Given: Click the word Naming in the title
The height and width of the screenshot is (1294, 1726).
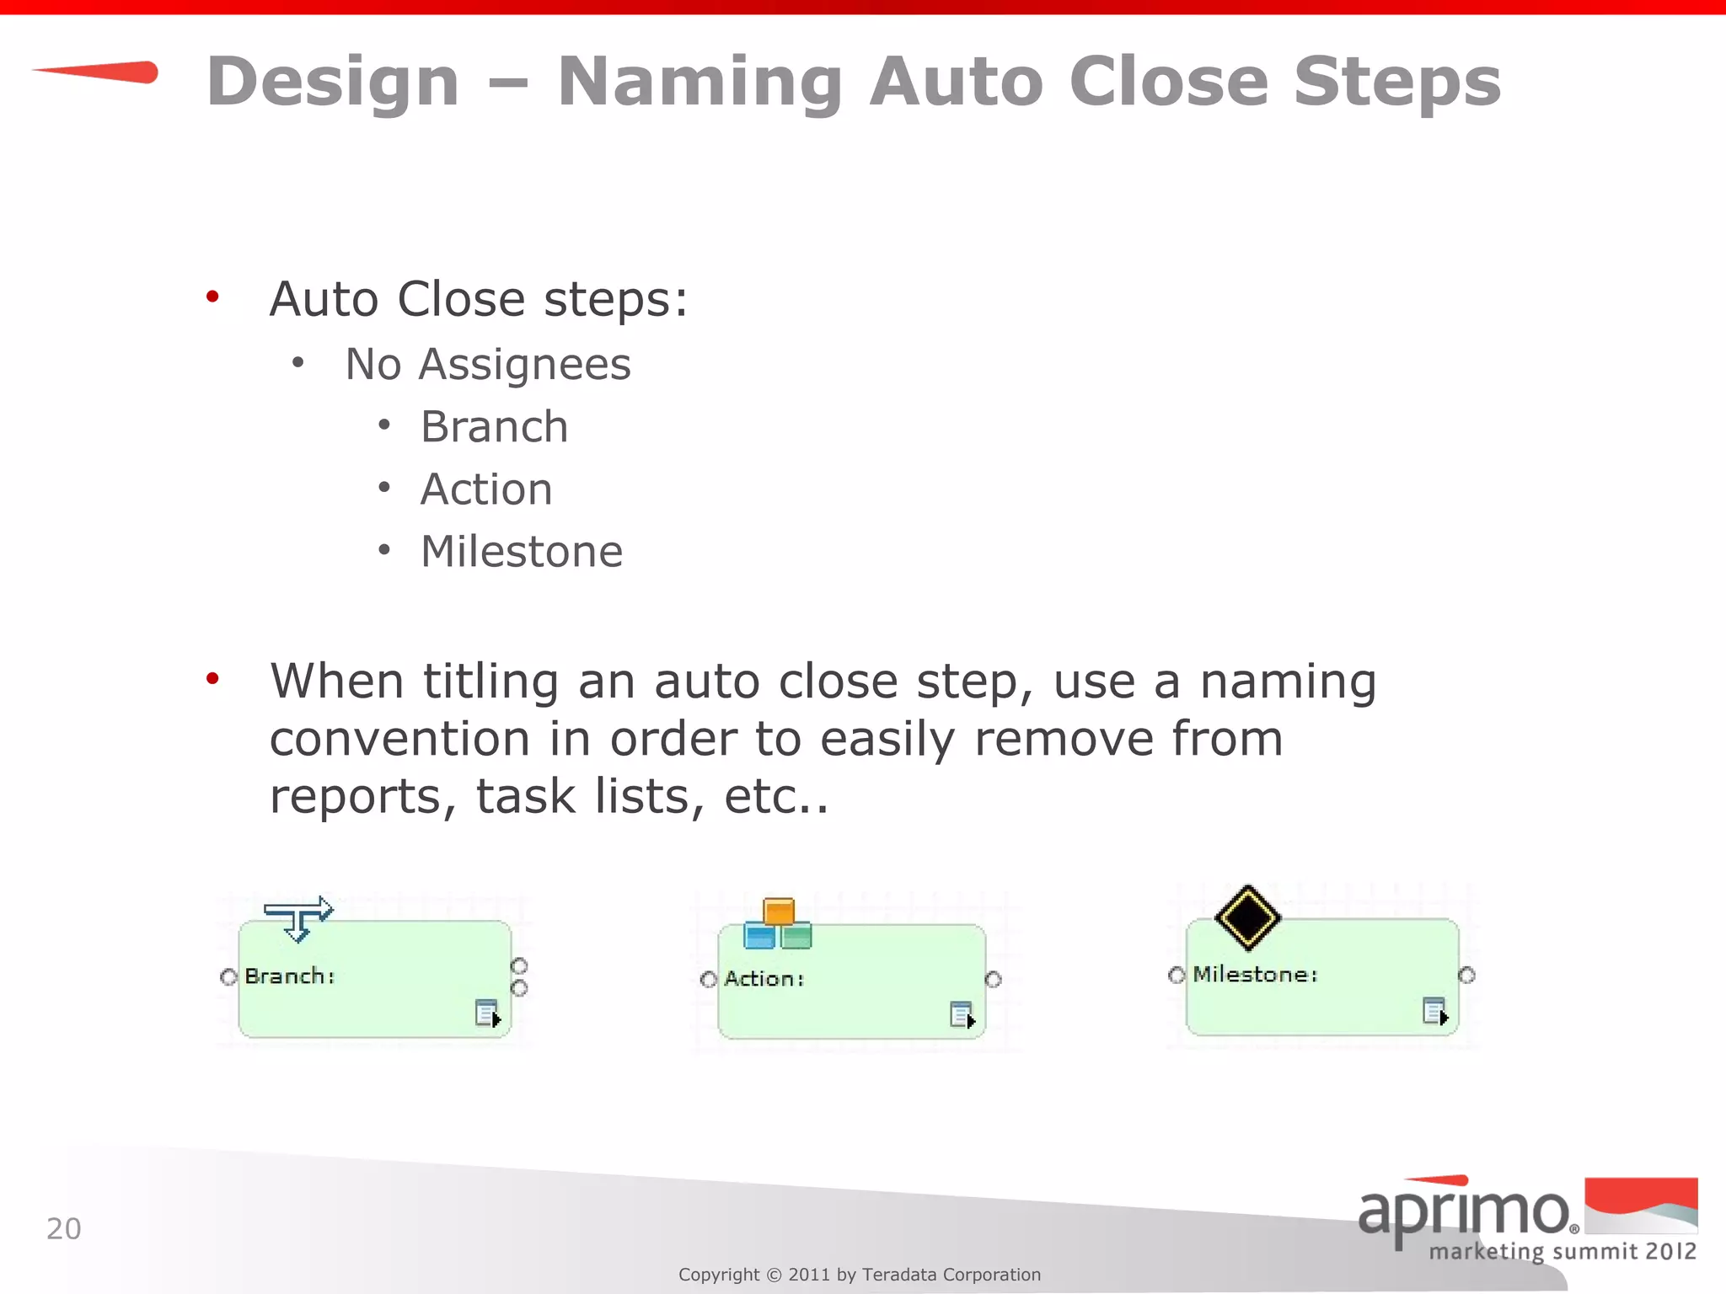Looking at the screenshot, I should [x=700, y=83].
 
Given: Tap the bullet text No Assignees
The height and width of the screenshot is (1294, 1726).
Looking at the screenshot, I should [x=488, y=365].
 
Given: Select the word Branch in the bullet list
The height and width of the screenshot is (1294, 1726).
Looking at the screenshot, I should [x=494, y=427].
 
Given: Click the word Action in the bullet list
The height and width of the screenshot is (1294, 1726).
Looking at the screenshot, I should [x=486, y=489].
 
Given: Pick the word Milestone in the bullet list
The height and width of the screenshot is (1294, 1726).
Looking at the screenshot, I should [x=522, y=552].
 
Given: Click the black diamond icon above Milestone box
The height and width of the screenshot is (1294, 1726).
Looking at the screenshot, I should [x=1247, y=917].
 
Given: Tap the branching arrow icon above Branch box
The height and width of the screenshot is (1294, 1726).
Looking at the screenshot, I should [x=298, y=917].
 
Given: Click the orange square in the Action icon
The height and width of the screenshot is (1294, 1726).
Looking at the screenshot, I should [x=779, y=912].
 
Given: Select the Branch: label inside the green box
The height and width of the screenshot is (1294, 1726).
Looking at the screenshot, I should [x=290, y=976].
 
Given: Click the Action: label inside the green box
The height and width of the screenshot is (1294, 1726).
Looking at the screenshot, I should [x=764, y=979].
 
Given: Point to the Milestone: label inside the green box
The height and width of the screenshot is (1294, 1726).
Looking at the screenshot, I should [x=1255, y=975].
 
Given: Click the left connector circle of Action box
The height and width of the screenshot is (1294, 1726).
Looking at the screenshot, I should [x=709, y=979].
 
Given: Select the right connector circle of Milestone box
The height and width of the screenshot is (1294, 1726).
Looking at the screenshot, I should [x=1466, y=975].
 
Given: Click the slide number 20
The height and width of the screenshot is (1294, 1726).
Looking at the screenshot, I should [x=64, y=1229].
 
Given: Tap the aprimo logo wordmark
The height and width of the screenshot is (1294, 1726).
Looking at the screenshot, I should [x=1465, y=1213].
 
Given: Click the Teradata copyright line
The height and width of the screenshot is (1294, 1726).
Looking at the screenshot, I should [x=860, y=1275].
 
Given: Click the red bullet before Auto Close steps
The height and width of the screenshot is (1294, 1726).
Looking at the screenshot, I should [x=212, y=297].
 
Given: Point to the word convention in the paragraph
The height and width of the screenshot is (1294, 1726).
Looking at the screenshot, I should [x=399, y=740].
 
